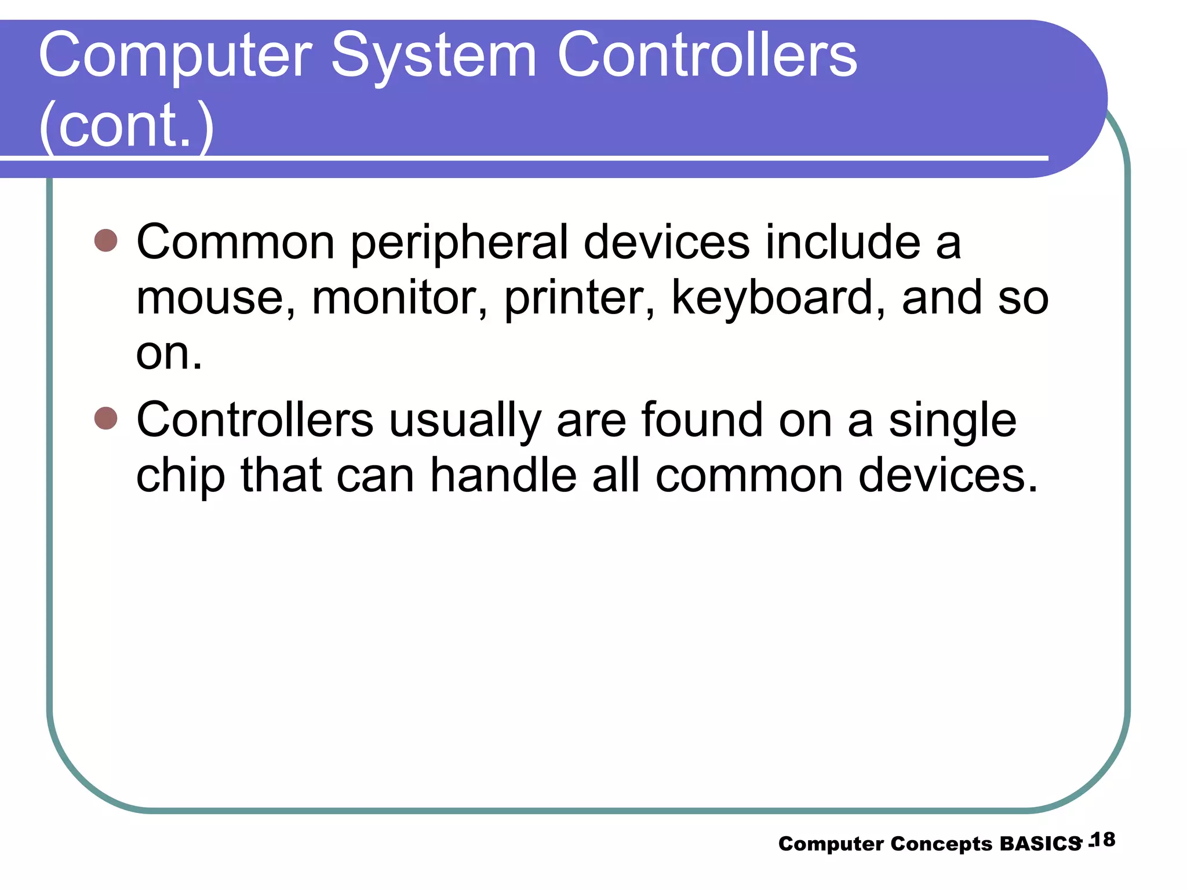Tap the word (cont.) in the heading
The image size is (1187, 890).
[126, 125]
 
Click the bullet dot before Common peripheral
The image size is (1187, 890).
[105, 240]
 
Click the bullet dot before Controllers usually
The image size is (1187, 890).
[105, 418]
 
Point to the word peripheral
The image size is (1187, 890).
[460, 243]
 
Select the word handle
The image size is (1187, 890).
[503, 476]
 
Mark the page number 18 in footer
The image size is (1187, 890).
[1103, 840]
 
